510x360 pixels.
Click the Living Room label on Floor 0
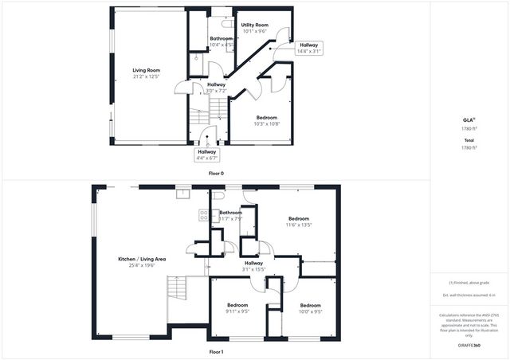(147, 70)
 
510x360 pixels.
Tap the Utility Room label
(255, 25)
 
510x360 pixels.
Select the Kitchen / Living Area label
(142, 259)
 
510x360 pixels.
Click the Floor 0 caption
(216, 173)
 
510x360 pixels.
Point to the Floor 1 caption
(216, 351)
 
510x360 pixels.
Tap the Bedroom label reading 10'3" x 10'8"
(256, 118)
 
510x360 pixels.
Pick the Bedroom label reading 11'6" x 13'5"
(299, 218)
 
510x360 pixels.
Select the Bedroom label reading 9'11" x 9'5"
(237, 305)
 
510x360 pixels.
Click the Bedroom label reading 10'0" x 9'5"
(310, 305)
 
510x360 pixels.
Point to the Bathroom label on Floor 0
(221, 38)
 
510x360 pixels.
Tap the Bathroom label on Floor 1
(231, 213)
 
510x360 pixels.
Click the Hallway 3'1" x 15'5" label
(253, 263)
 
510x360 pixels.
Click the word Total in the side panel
(469, 141)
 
